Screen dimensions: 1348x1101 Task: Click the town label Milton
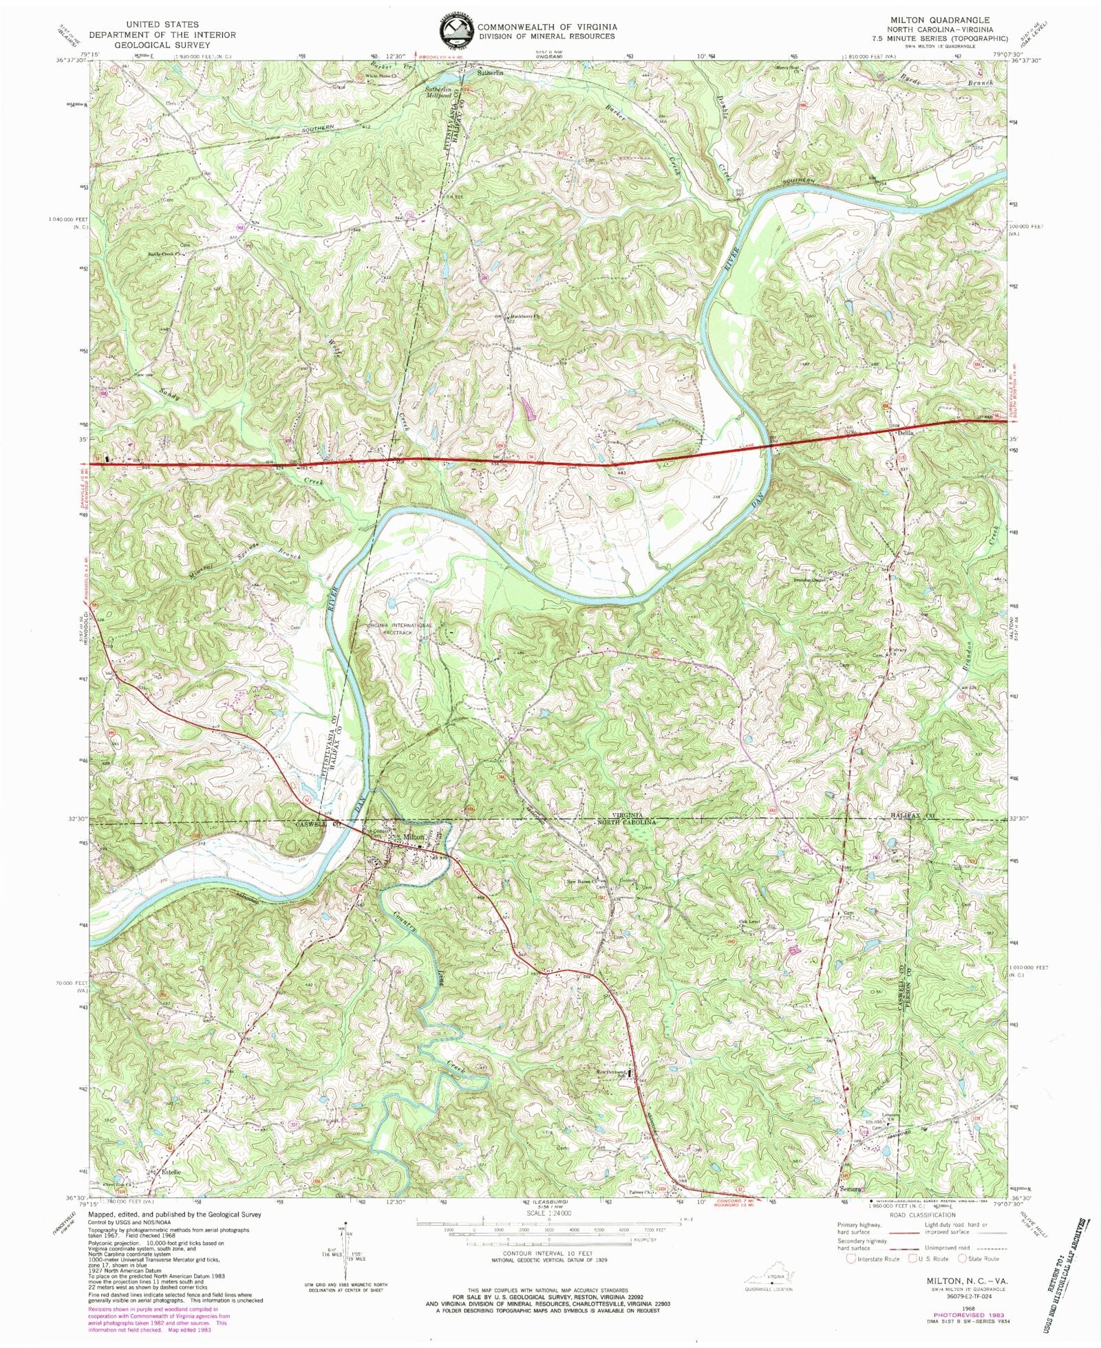(x=416, y=836)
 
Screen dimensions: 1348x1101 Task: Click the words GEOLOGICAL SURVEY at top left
(x=162, y=45)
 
